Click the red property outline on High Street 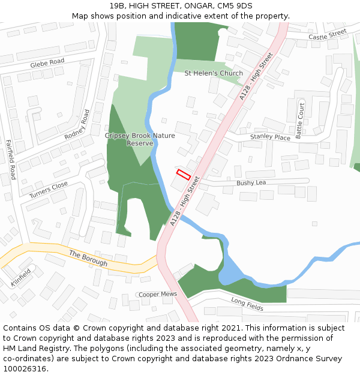[183, 175]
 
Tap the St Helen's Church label [214, 73]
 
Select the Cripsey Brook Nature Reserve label [140, 139]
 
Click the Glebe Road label [47, 62]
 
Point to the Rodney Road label [76, 125]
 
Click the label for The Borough [88, 258]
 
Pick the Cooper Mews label [158, 295]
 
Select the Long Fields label [247, 304]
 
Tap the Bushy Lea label [251, 182]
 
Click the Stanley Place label [270, 137]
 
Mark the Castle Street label [328, 36]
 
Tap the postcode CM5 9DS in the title [233, 6]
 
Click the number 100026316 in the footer [25, 369]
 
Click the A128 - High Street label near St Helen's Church [256, 76]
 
